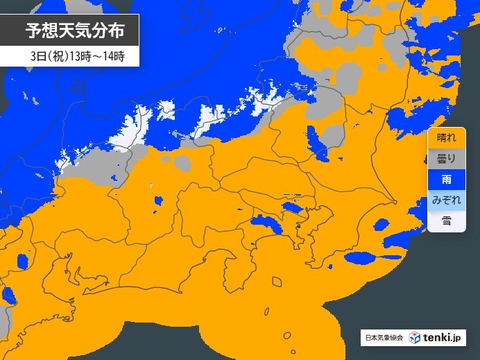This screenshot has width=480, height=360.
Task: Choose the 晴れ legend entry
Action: pos(441,137)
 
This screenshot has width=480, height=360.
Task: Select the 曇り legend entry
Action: pos(441,159)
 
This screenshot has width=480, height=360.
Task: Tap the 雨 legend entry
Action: pos(441,180)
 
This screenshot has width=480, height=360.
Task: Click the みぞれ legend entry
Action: pos(441,200)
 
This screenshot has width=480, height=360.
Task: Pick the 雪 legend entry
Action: pos(441,221)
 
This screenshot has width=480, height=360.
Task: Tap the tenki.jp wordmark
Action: pos(444,338)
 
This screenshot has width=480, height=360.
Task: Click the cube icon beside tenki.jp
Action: pos(414,338)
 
